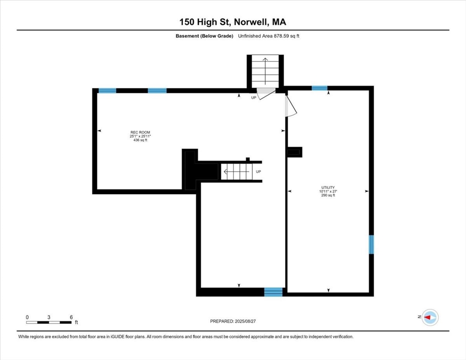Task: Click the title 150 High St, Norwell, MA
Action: pos(233,22)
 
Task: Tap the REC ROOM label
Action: pos(140,133)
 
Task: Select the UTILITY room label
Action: pos(328,187)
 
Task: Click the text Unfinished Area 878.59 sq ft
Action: pos(269,36)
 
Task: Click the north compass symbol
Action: pos(429,317)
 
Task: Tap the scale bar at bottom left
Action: pos(49,322)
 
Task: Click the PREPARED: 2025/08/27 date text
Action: pos(233,321)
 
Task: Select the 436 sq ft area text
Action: pos(140,140)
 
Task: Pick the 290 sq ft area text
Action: pos(328,195)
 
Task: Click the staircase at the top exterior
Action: pos(265,71)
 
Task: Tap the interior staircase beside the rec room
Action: pos(236,172)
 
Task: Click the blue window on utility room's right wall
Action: pos(371,245)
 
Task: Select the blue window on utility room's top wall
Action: pos(319,88)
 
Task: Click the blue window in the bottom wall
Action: pos(273,292)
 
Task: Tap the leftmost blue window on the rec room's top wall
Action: pos(107,90)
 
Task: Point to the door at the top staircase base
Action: pos(265,93)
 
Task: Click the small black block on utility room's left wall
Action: pos(295,152)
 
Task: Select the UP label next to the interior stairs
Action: pos(258,172)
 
